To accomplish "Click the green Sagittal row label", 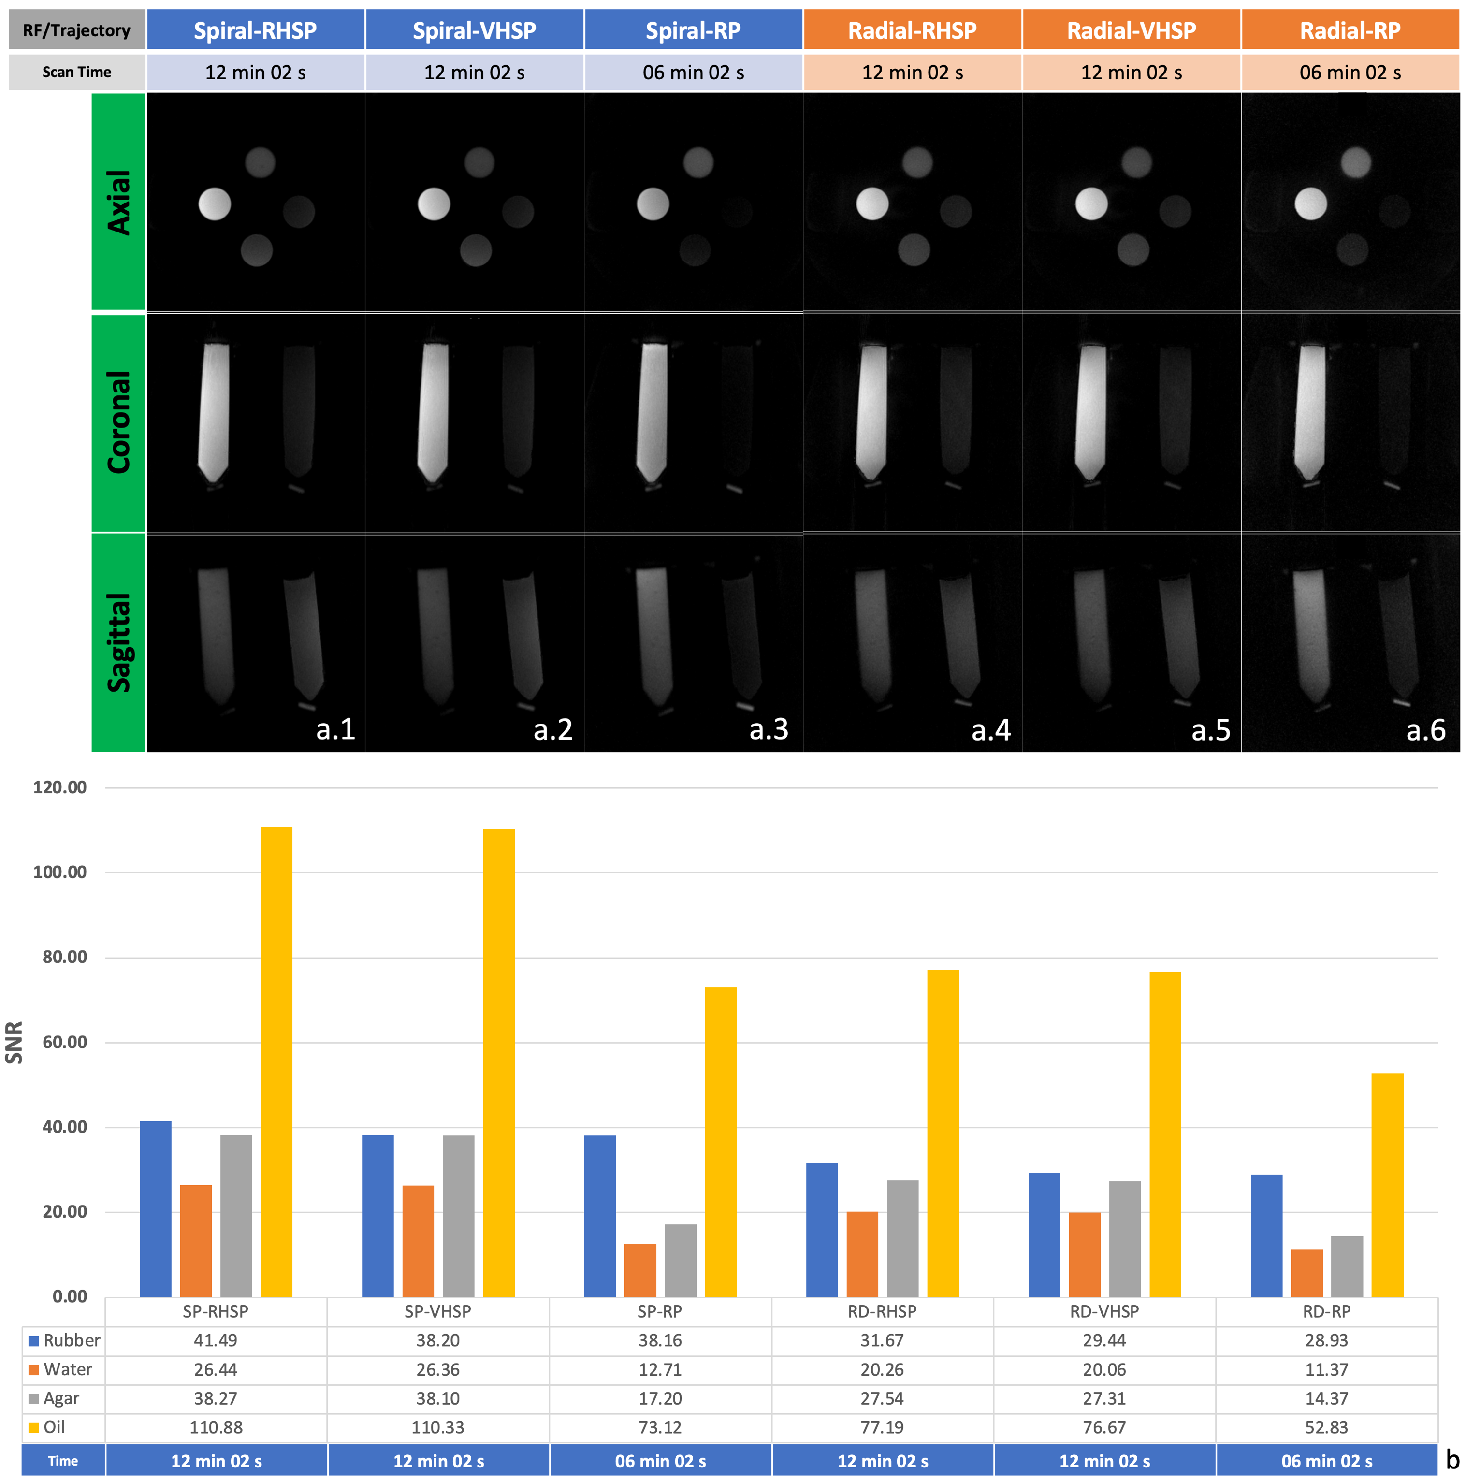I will tap(118, 643).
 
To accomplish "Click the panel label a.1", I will tap(335, 729).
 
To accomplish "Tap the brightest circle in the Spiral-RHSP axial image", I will tap(215, 204).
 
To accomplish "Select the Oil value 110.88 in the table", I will tap(216, 1427).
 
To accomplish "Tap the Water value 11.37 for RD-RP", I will tap(1326, 1369).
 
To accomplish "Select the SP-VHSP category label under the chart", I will tap(437, 1312).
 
